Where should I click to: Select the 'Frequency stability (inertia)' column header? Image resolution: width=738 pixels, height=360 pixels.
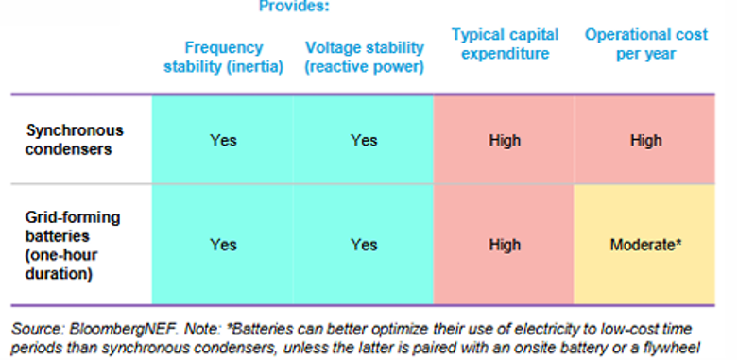(x=224, y=58)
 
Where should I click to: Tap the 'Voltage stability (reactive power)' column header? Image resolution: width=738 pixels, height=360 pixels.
(x=364, y=58)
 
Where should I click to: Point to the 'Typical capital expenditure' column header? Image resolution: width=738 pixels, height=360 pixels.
(x=505, y=44)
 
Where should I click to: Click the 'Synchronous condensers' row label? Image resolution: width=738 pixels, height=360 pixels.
(x=62, y=140)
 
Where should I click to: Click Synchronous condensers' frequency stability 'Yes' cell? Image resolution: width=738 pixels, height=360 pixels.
(x=223, y=141)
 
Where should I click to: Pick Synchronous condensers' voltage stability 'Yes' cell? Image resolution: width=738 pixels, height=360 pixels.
(x=364, y=141)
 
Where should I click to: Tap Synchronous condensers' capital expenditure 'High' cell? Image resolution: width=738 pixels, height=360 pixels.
(x=505, y=141)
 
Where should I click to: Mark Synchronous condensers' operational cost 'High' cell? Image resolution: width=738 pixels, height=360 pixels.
(x=645, y=141)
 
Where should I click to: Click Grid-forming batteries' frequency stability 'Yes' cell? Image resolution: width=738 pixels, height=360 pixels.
(x=223, y=245)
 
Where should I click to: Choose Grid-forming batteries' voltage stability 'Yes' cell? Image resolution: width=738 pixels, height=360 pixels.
(x=364, y=245)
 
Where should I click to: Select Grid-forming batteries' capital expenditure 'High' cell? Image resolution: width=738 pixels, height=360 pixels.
(x=505, y=245)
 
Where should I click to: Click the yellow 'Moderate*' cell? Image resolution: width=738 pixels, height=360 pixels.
(x=645, y=245)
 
